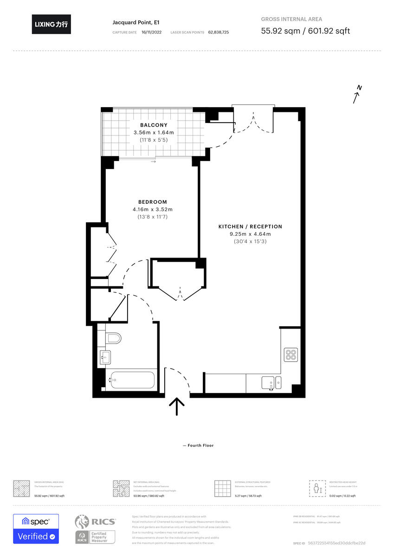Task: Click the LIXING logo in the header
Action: pos(52,24)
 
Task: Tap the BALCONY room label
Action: pos(154,125)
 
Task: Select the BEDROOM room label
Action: pos(152,202)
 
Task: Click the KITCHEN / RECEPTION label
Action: pos(250,227)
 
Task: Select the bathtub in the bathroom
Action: pos(131,380)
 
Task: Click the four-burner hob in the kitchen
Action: pos(291,355)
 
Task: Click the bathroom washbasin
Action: pos(105,356)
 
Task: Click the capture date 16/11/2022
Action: pos(152,32)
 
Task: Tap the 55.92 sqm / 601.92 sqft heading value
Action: pos(305,31)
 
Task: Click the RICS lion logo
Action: pos(82,522)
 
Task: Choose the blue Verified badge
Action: pos(36,537)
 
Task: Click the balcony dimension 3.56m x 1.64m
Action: pos(154,132)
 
